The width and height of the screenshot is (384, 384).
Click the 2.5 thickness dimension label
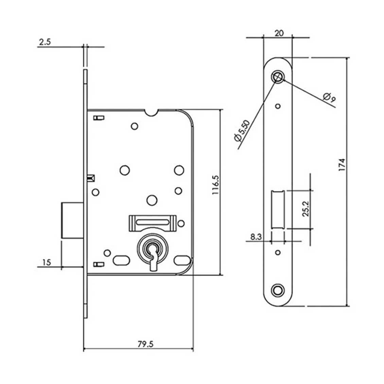coord(45,42)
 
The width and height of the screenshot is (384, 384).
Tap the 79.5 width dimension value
coord(145,344)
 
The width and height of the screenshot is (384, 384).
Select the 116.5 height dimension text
coord(215,185)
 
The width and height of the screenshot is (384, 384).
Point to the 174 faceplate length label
coord(342,164)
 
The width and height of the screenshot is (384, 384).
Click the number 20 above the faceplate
coord(279,33)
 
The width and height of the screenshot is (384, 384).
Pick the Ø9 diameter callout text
coord(329,97)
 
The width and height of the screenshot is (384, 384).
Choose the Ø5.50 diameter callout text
coord(242,131)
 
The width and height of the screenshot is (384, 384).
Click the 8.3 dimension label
coord(256,237)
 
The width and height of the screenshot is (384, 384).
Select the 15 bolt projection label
coord(47,263)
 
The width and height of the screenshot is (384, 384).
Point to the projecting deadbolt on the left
coord(72,220)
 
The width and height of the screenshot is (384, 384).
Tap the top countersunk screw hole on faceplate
coord(278,77)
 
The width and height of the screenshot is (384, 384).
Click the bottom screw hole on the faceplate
coord(278,291)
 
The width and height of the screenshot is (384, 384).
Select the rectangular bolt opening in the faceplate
coord(278,210)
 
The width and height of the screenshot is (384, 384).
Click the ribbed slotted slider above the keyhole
coord(153,223)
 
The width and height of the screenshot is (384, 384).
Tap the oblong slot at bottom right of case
coord(182,260)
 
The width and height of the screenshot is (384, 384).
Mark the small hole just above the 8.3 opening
coord(278,106)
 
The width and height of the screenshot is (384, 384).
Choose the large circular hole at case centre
coord(152,200)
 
